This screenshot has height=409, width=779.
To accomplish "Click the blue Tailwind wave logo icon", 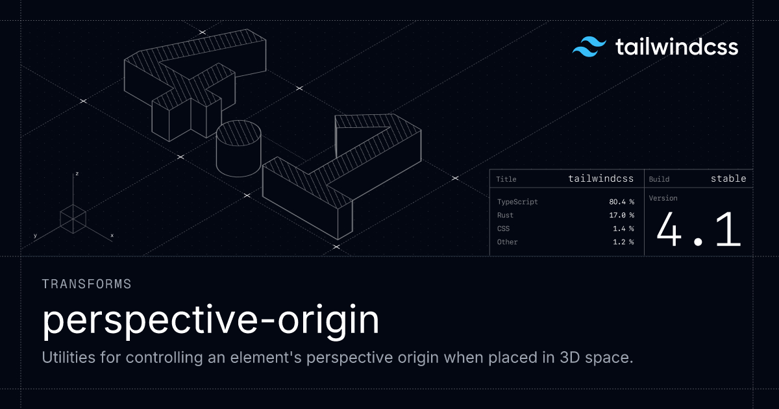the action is [x=589, y=47].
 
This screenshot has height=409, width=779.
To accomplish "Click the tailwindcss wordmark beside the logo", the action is [x=676, y=47].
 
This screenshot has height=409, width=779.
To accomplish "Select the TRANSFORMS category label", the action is [x=86, y=284].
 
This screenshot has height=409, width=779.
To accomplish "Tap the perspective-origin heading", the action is [x=210, y=320].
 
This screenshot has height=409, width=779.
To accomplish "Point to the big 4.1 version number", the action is [x=699, y=230].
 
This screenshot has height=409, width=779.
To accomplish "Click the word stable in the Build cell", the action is [x=728, y=179].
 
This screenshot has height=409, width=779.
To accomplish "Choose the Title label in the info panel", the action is [x=506, y=179].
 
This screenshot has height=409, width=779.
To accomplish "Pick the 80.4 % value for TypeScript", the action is [x=621, y=202].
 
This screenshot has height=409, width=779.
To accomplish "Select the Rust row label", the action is [x=505, y=216].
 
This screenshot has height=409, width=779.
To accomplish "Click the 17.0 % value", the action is [x=621, y=216].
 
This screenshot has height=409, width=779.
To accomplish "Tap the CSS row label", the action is [x=503, y=229].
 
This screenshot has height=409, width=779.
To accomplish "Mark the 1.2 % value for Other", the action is [x=623, y=242].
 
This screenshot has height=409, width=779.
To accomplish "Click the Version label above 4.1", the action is [x=663, y=198].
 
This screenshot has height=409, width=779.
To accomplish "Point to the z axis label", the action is [x=77, y=173].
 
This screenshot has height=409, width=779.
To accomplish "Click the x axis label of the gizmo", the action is [x=112, y=236].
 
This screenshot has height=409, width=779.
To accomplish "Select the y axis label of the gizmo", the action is [x=35, y=236].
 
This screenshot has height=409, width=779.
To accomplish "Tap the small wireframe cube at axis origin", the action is [x=73, y=219].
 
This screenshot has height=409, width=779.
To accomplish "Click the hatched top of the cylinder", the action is [x=239, y=133].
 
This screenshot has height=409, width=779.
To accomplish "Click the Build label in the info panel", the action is [x=659, y=179].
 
